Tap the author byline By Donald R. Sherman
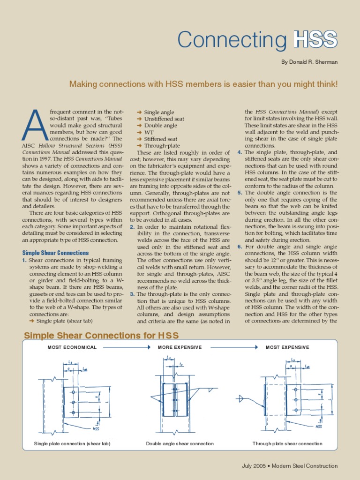(309, 62)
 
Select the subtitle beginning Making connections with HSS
(203, 84)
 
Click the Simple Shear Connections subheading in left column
(55, 253)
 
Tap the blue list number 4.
(240, 152)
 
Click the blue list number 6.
(240, 247)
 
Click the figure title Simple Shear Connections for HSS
(101, 335)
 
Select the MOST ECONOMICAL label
(72, 347)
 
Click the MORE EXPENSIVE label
(180, 347)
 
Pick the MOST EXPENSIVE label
(287, 347)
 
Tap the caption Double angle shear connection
(180, 443)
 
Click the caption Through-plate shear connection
(287, 443)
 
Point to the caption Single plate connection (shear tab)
(72, 443)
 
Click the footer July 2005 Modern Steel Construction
(289, 466)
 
